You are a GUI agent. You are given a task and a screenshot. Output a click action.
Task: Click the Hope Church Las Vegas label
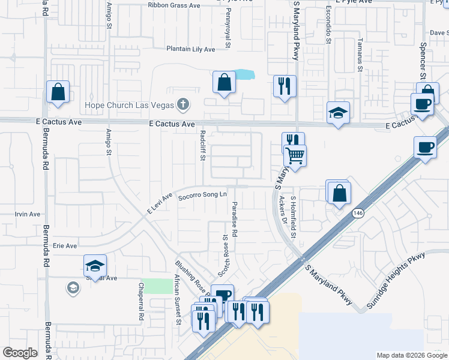tap(128, 105)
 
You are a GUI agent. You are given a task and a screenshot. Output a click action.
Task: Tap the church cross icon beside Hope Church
tap(183, 105)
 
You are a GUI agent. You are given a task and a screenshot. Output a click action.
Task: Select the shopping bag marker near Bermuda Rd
tap(58, 92)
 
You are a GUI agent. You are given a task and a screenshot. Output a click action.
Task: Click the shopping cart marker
tap(295, 155)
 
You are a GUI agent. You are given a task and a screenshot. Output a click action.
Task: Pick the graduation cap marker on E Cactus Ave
tap(339, 112)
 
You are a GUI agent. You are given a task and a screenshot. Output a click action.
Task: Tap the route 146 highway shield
tap(358, 213)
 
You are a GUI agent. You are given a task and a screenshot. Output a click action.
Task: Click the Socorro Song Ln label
tap(202, 194)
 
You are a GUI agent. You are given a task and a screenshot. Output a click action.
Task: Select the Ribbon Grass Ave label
tap(175, 5)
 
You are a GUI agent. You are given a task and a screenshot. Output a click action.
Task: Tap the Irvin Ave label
tap(27, 214)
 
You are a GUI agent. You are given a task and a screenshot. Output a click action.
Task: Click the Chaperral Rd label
tap(141, 301)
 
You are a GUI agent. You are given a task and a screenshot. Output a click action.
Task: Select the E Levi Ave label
tap(160, 204)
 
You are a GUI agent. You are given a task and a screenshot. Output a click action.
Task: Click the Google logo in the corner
tap(20, 353)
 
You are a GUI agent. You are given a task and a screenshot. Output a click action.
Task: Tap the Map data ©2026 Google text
tap(412, 355)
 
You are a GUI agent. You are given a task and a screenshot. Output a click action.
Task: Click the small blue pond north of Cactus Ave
tap(244, 75)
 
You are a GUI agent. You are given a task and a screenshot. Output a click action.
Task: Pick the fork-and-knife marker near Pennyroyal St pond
tap(285, 85)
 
